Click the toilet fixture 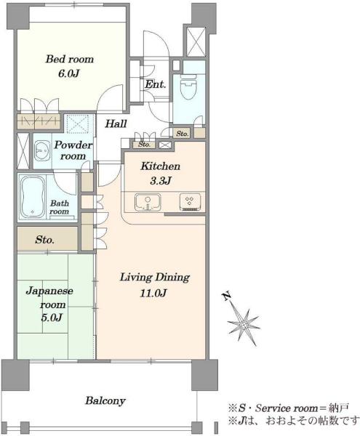point(188,86)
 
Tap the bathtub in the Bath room point(33,197)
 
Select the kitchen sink point(148,202)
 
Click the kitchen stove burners point(190,201)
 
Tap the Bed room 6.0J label point(69,66)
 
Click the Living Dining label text point(155,278)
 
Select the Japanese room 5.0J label point(49,304)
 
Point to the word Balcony point(105,400)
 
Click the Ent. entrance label point(155,84)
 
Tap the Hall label point(116,124)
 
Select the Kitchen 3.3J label point(161,173)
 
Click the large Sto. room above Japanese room point(47,239)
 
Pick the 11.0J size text point(153,293)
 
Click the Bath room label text point(59,207)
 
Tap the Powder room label point(73,150)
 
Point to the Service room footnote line point(288,408)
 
